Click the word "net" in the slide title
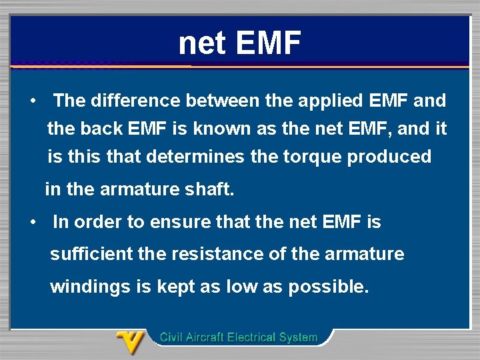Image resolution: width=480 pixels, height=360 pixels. click(203, 43)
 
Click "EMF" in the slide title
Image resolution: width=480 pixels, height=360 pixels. click(269, 43)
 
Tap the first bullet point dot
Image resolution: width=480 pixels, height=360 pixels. click(32, 101)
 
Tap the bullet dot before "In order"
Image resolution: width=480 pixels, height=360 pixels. click(32, 222)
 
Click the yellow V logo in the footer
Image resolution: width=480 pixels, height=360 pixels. click(131, 342)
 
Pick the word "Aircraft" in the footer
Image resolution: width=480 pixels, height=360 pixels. click(203, 337)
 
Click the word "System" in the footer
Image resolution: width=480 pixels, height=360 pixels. click(297, 337)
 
